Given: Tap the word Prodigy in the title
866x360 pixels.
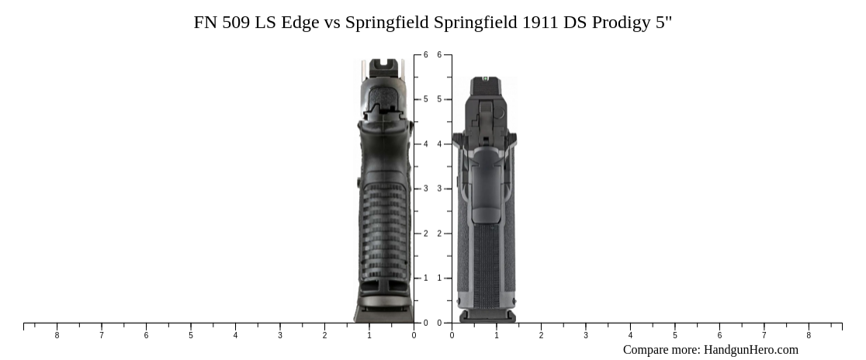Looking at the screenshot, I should click(622, 22).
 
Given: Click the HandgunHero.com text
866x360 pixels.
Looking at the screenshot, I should click(750, 350).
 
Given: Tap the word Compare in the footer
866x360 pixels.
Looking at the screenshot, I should click(647, 350).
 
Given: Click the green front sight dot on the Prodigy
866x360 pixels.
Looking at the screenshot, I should click(486, 78).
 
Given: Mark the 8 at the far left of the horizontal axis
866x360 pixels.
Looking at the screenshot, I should click(57, 336).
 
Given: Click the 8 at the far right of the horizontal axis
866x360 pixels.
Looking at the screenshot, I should click(809, 336).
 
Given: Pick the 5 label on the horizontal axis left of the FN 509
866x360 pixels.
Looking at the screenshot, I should click(191, 336).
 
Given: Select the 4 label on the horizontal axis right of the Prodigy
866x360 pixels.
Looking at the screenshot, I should click(630, 336).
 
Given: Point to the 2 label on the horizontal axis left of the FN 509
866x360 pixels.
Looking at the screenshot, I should click(324, 336).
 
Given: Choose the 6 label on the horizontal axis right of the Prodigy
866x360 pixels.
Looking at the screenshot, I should click(719, 336).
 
